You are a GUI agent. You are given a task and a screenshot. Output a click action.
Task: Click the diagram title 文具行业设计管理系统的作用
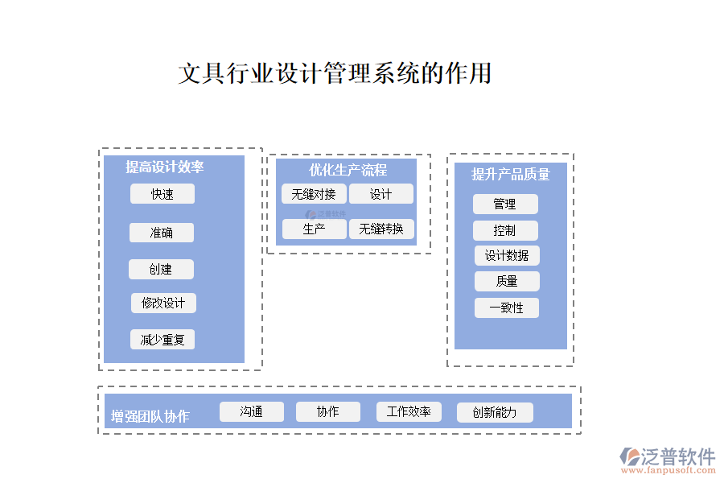pyautogui.click(x=334, y=74)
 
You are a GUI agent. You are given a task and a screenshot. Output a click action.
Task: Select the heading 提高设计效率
pyautogui.click(x=164, y=167)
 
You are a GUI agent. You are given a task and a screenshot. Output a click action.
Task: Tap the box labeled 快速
pyautogui.click(x=162, y=194)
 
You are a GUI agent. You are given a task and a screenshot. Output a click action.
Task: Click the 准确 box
pyautogui.click(x=162, y=233)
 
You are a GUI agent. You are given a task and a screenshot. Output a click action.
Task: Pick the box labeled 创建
pyautogui.click(x=161, y=270)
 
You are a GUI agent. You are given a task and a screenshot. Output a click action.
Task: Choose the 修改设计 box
pyautogui.click(x=163, y=303)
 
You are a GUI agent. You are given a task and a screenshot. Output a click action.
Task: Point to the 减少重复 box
pyautogui.click(x=162, y=340)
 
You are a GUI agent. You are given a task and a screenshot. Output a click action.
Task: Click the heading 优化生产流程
pyautogui.click(x=348, y=170)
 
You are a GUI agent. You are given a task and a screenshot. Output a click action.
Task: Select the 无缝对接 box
pyautogui.click(x=314, y=194)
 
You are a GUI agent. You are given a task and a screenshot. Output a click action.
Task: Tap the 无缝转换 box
pyautogui.click(x=381, y=229)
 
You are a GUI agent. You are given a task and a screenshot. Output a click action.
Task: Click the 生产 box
pyautogui.click(x=314, y=229)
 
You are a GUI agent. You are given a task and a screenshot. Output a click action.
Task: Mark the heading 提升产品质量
pyautogui.click(x=510, y=174)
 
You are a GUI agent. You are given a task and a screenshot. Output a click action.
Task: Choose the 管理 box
pyautogui.click(x=505, y=204)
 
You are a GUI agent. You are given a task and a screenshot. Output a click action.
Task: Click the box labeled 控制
pyautogui.click(x=505, y=231)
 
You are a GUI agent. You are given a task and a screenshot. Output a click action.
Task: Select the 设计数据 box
pyautogui.click(x=507, y=256)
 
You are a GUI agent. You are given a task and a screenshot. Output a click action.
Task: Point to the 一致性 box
pyautogui.click(x=507, y=308)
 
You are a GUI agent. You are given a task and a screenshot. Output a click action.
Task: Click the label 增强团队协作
pyautogui.click(x=150, y=416)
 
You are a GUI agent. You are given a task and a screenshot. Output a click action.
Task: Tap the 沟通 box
pyautogui.click(x=252, y=412)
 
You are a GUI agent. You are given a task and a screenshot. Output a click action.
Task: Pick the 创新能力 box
pyautogui.click(x=495, y=413)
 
